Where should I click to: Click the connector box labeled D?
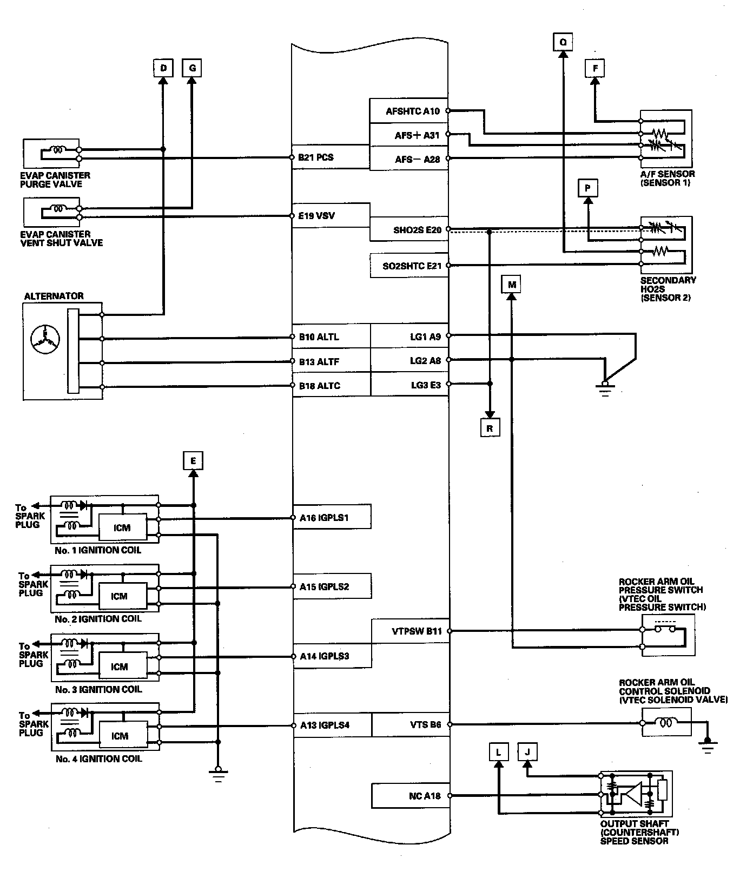coord(163,69)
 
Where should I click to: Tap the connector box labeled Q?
coord(563,42)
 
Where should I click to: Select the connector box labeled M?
coord(512,285)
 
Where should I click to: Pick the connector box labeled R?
coord(490,428)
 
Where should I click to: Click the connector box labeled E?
coord(193,461)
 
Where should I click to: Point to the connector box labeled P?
coord(587,188)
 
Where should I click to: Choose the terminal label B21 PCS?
coord(316,158)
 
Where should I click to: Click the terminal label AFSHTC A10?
coord(413,111)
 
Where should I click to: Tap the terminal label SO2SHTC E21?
coord(412,266)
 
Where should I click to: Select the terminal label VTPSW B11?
coord(417,631)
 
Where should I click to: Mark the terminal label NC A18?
coord(425,796)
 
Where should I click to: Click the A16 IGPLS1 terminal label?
coord(324,518)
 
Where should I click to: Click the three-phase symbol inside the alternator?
coord(45,339)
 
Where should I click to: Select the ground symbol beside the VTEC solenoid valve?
coord(708,746)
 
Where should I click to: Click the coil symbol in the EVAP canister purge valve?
coord(57,150)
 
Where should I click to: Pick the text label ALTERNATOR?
coord(54,296)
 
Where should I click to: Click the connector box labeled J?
coord(527,751)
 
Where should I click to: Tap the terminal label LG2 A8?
coord(426,361)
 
